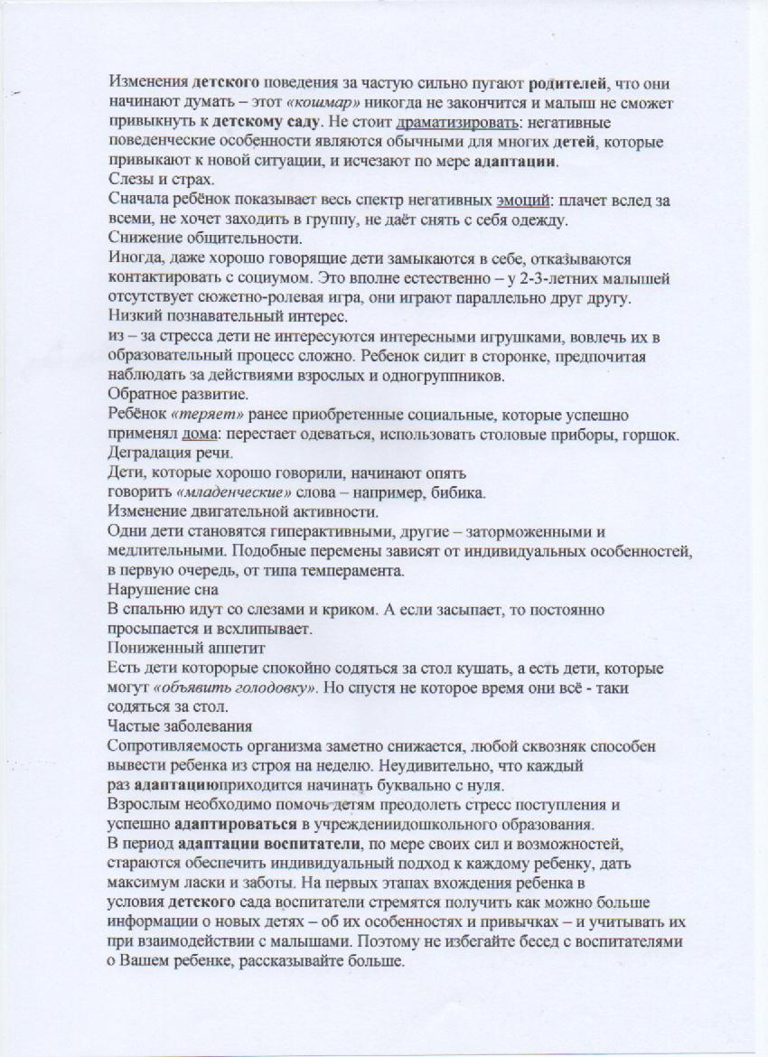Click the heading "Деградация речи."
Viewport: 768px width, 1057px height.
point(163,453)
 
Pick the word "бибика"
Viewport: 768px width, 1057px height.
point(464,492)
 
